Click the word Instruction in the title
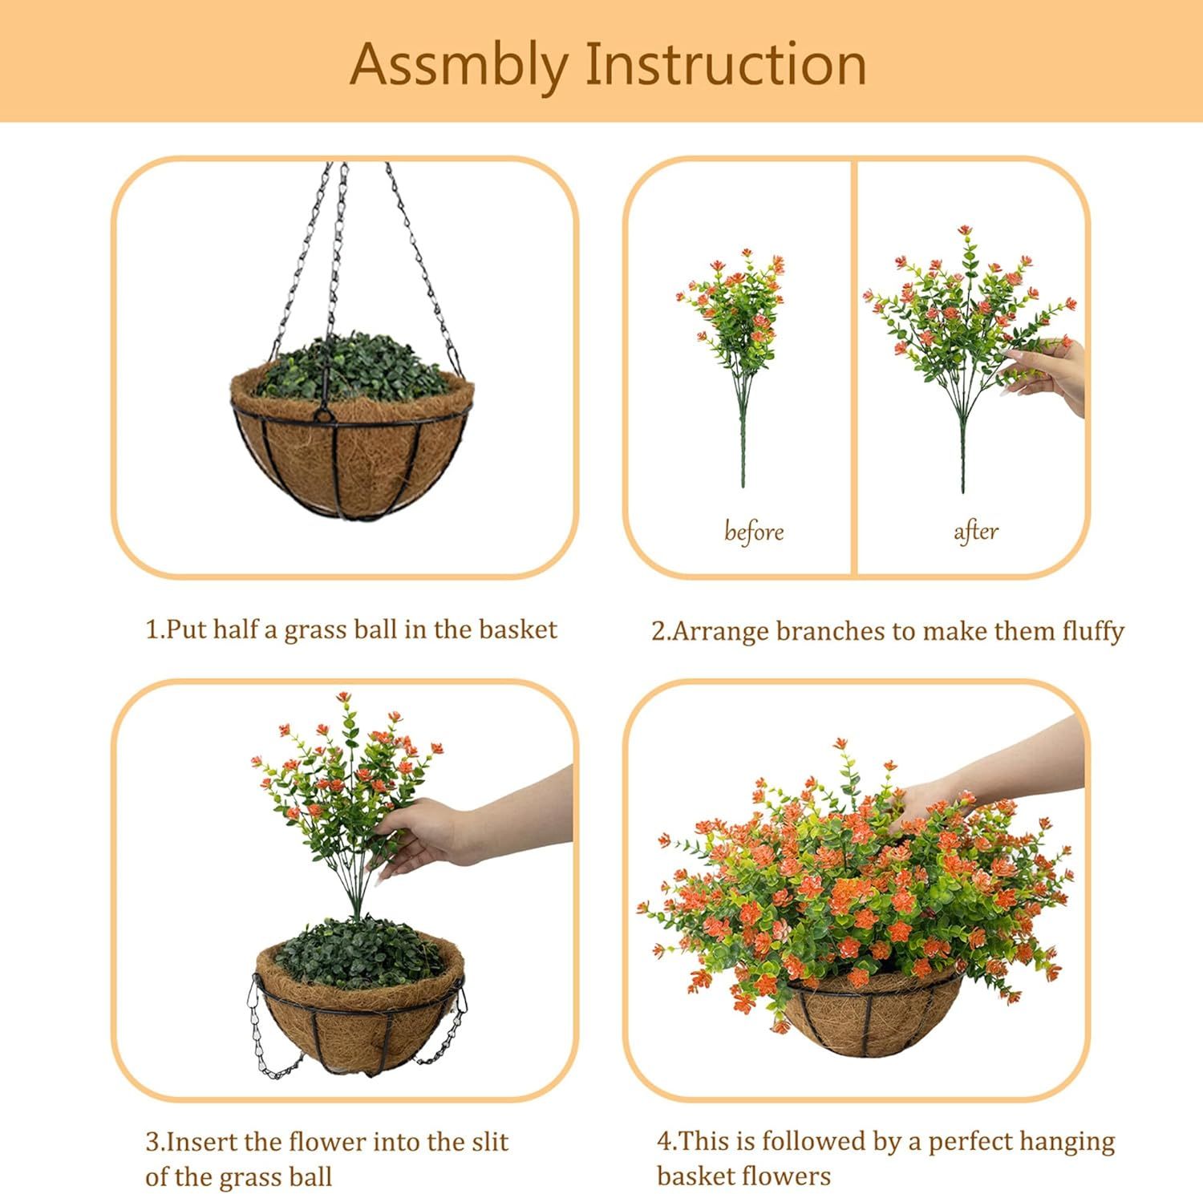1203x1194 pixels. coord(726,64)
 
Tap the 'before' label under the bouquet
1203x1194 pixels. coord(753,532)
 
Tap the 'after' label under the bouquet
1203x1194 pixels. coord(975,532)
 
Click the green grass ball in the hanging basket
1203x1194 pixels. coord(353,369)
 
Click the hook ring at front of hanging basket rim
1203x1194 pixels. coord(323,415)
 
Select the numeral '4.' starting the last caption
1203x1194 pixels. coord(666,1142)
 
